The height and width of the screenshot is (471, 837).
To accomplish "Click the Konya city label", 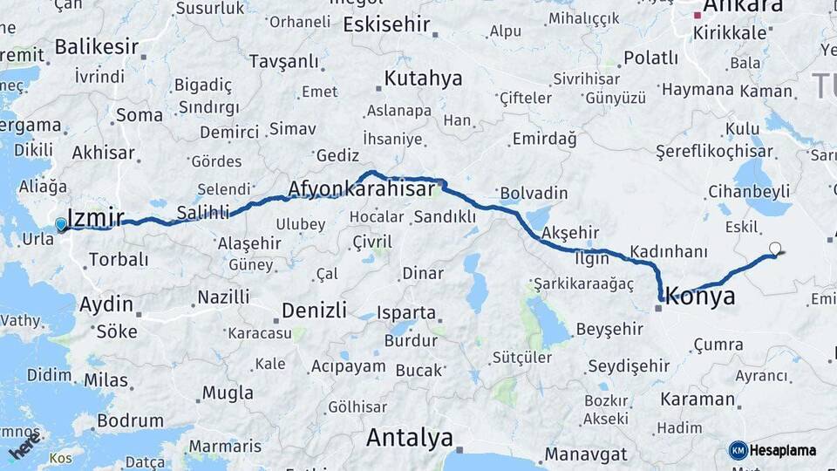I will (x=701, y=297).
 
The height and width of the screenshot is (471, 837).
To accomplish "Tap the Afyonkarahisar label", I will (x=361, y=189).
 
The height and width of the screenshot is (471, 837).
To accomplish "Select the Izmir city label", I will (x=96, y=218).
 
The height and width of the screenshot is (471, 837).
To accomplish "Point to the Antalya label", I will (x=410, y=438).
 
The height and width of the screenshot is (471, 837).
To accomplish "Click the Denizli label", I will (x=314, y=311).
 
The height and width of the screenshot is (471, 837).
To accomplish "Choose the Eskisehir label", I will (x=387, y=24).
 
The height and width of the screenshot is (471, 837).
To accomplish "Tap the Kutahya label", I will (x=423, y=79).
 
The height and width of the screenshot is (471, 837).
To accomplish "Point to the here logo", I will (x=25, y=447).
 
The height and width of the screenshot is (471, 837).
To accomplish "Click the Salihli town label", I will (x=202, y=212).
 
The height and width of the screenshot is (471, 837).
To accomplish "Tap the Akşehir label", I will (x=571, y=233).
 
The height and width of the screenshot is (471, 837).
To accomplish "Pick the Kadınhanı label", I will (x=668, y=251).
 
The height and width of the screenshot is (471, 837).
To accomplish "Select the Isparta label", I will (x=406, y=312).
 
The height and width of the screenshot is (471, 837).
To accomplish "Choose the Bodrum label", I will (x=130, y=420).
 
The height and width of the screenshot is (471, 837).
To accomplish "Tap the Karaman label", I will (x=697, y=399).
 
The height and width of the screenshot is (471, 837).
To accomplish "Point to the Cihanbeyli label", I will (x=748, y=191).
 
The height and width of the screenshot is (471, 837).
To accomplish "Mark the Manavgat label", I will (x=586, y=454).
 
